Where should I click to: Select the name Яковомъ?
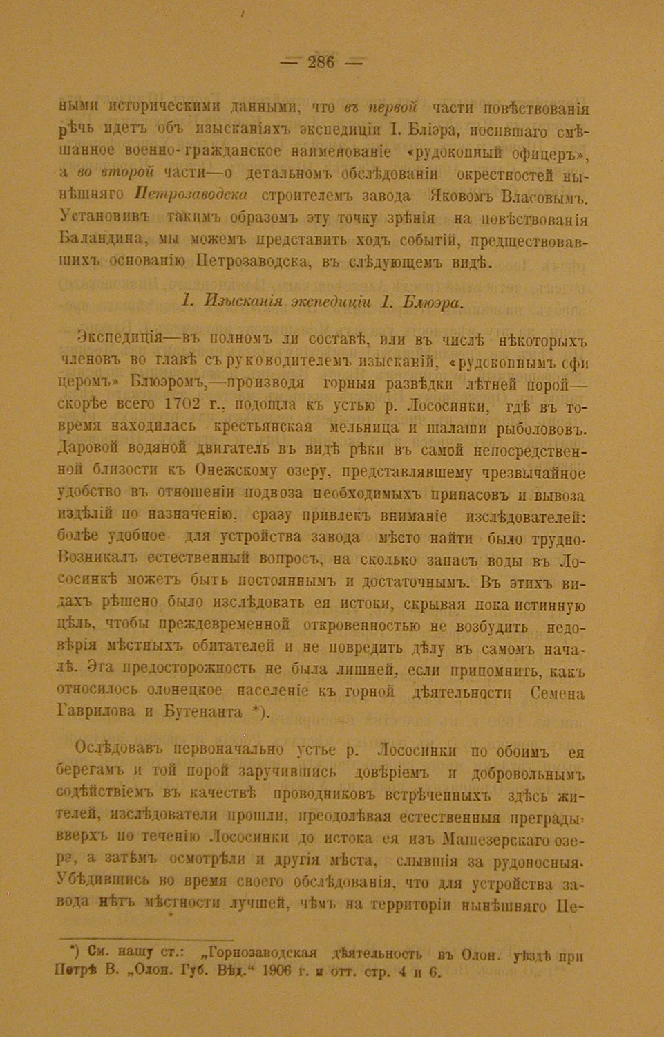(466, 198)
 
